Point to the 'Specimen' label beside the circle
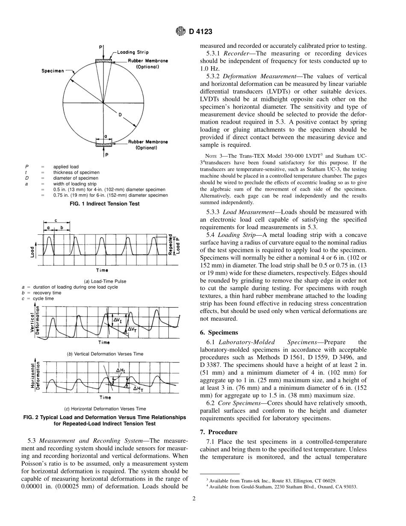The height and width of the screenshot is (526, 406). coord(53,71)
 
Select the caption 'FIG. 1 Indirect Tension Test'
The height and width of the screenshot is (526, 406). coord(104,204)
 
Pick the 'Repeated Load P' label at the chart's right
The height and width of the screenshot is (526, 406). coord(172,245)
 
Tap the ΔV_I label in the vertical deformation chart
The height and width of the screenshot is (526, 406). coord(118,320)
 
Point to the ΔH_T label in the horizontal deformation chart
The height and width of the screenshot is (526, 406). coord(138,389)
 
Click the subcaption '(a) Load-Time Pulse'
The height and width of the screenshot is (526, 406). coord(105,281)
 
